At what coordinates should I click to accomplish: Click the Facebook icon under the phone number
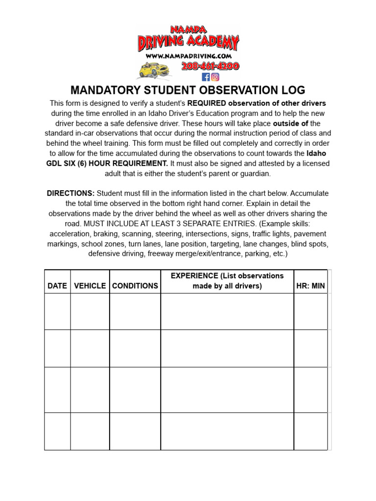[x=206, y=77]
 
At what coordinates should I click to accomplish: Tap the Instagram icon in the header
[x=215, y=77]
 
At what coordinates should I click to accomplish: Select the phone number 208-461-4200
[x=210, y=66]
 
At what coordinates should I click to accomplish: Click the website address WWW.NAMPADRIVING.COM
[x=188, y=56]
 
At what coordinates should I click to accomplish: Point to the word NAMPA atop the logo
[x=188, y=29]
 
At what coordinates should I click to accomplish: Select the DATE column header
[x=57, y=286]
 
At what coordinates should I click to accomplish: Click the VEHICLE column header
[x=90, y=286]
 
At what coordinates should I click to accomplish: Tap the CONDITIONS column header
[x=135, y=286]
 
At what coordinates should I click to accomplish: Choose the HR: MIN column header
[x=310, y=286]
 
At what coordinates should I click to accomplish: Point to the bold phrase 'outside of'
[x=290, y=123]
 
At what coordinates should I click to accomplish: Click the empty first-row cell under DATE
[x=57, y=311]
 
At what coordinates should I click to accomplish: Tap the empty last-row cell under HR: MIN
[x=310, y=431]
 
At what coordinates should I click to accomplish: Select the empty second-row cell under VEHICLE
[x=90, y=348]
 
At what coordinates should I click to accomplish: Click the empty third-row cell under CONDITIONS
[x=135, y=389]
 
